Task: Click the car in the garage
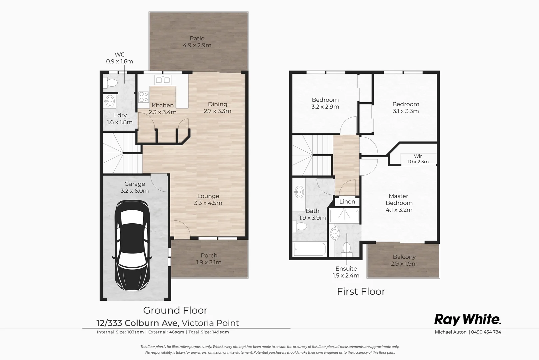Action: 132,246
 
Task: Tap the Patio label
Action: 197,39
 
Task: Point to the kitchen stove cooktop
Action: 144,97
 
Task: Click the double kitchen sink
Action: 163,80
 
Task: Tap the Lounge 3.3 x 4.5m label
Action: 208,199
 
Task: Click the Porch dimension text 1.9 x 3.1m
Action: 209,262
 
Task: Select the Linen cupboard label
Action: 347,202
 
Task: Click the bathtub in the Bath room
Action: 309,250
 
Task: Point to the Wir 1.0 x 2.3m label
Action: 418,159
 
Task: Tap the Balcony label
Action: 404,257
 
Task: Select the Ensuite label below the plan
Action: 346,269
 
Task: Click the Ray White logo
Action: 467,319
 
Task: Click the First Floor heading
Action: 361,291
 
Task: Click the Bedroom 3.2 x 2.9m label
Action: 325,103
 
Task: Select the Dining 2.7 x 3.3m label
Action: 218,108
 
